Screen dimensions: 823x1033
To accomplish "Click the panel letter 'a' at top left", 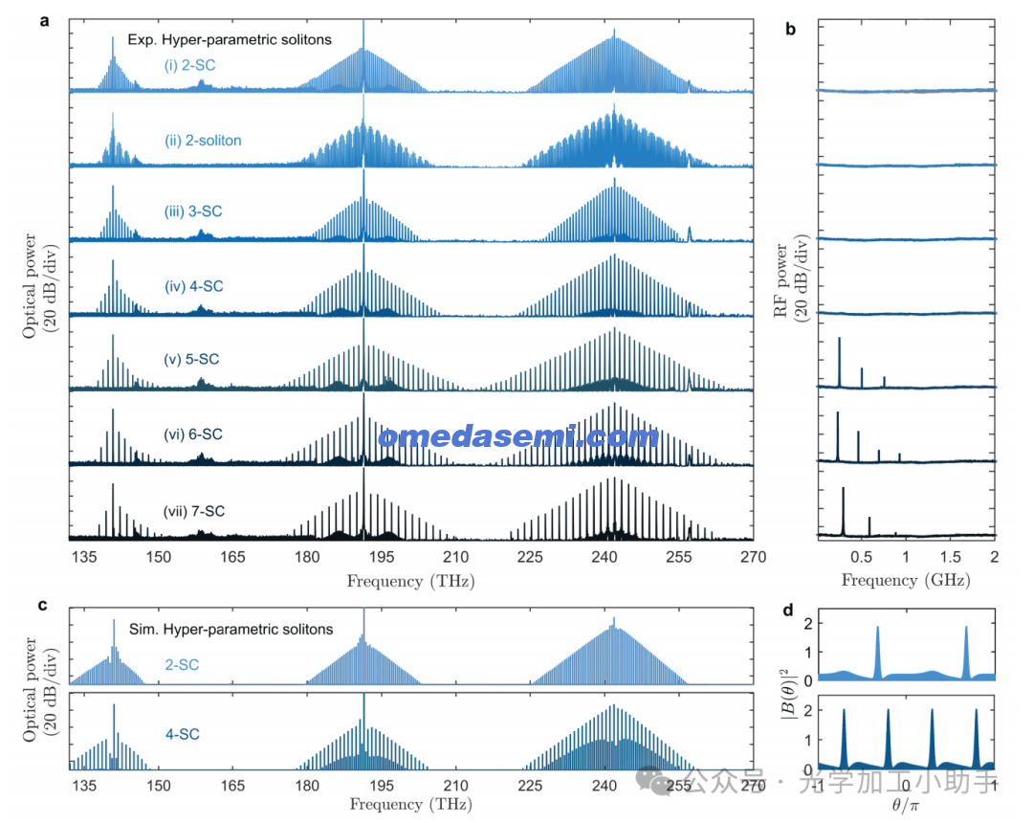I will [43, 19].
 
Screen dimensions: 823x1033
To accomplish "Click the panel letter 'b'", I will [791, 29].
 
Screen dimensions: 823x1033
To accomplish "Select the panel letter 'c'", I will [43, 605].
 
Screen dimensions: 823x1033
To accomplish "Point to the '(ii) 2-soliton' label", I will [203, 141].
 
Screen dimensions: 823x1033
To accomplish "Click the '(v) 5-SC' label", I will [192, 360].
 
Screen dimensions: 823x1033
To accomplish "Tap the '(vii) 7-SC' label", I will [194, 511].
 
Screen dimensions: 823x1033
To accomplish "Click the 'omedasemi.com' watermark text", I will [517, 437].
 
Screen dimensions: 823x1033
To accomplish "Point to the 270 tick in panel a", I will [753, 557].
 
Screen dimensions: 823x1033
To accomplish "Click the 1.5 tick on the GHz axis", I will [950, 557].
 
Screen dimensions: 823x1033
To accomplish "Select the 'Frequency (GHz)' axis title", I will [905, 581].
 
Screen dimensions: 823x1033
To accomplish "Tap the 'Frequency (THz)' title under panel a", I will [410, 581].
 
